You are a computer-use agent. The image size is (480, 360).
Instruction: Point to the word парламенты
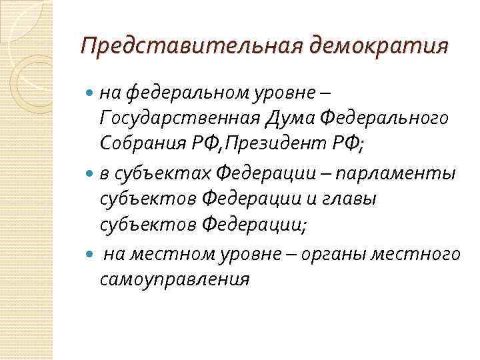397,173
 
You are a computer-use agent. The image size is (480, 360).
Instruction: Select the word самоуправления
175,279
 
